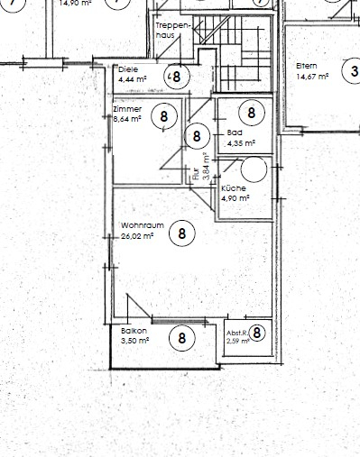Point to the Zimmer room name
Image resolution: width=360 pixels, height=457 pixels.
tap(126, 108)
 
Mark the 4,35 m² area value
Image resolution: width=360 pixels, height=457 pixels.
tap(241, 142)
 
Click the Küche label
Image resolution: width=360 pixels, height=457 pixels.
tap(234, 187)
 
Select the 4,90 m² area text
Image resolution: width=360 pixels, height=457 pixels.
tap(235, 197)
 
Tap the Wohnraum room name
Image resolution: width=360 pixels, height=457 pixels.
tap(139, 225)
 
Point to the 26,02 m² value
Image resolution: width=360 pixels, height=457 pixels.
tap(138, 236)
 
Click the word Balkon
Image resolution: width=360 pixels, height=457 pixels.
tap(133, 331)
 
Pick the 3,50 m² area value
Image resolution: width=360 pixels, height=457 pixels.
tap(134, 342)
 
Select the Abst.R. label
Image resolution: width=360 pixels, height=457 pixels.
tap(235, 333)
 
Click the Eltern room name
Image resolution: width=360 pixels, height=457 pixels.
tap(307, 66)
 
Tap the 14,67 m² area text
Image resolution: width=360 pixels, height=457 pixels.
tap(311, 77)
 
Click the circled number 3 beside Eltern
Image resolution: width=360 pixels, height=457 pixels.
tap(350, 70)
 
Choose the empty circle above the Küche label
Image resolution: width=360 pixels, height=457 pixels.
tap(254, 169)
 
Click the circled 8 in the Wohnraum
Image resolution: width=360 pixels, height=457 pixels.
tap(182, 232)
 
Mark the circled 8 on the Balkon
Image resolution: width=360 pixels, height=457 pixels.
tap(182, 338)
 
